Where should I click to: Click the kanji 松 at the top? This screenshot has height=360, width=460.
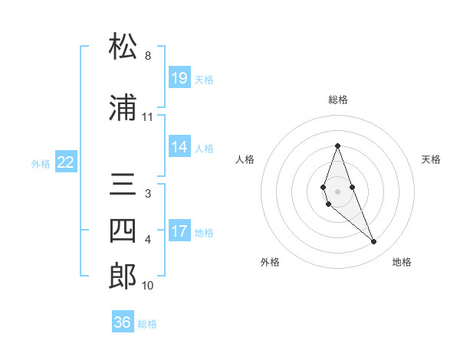123,47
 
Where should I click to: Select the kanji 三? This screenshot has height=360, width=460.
123,186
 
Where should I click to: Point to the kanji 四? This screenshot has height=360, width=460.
123,232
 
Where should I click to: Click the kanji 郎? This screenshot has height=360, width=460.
123,277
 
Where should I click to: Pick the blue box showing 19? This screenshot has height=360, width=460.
179,77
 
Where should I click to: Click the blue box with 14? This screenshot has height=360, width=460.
179,147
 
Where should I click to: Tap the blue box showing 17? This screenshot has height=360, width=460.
179,231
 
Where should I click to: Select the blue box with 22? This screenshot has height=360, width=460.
66,162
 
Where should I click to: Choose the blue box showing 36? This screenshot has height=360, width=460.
123,322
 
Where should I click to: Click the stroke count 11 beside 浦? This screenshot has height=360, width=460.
147,117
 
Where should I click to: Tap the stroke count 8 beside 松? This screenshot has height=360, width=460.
147,56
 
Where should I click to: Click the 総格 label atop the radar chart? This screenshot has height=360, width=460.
337,100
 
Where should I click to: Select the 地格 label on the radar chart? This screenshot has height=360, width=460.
402,262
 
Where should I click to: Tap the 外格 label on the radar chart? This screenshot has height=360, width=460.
270,262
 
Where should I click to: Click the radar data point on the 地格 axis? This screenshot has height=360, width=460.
373,241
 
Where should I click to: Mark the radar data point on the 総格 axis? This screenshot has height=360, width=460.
337,146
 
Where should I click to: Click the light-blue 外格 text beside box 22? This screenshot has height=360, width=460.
41,163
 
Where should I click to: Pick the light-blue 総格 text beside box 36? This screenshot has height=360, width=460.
147,323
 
